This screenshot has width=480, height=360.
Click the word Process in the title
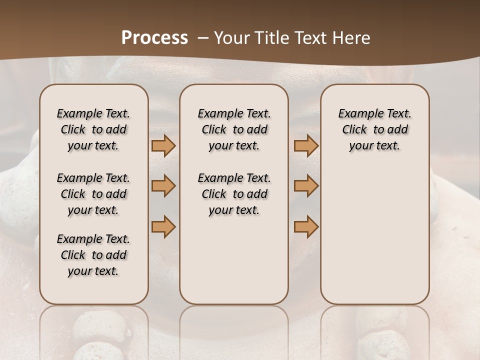[154, 38]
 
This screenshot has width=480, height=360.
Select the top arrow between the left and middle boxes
[163, 146]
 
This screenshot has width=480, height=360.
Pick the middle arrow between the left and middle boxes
[163, 186]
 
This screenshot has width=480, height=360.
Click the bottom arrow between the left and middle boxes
[163, 226]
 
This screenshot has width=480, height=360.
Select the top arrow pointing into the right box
[306, 146]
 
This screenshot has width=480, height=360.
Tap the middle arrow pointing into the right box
[306, 186]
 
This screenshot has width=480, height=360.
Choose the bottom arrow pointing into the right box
[306, 226]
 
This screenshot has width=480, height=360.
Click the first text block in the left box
[93, 129]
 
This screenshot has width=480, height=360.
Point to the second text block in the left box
[93, 194]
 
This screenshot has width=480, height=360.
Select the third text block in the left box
[93, 255]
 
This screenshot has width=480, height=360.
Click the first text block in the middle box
[234, 129]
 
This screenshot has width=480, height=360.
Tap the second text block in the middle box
[234, 194]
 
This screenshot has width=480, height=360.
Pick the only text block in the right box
[374, 129]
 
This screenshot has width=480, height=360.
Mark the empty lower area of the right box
[374, 235]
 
